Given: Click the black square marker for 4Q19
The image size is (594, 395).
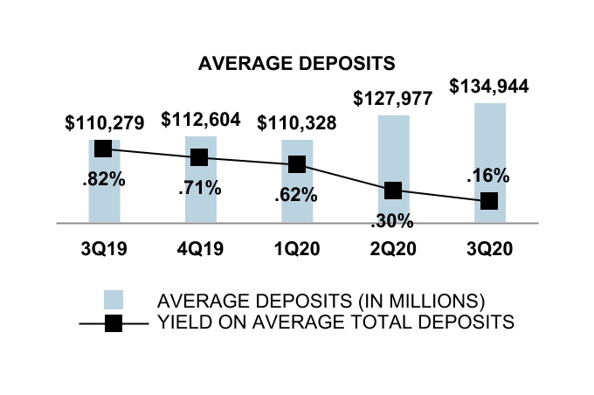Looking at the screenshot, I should [x=199, y=157].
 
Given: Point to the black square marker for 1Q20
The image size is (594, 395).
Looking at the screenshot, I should [x=296, y=164].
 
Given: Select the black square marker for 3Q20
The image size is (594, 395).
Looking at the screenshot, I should [x=490, y=201].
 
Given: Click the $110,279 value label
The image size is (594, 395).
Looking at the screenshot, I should [x=104, y=123].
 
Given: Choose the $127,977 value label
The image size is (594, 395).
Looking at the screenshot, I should [x=393, y=99].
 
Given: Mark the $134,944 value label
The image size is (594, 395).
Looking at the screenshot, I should [x=489, y=87].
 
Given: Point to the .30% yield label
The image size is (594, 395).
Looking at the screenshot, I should [x=393, y=220].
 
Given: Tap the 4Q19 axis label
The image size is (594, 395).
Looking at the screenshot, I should [x=200, y=248].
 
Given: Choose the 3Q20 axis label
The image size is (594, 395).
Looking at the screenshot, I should [x=489, y=248].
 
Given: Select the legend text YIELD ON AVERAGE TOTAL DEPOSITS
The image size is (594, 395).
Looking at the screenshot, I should [x=334, y=322].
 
